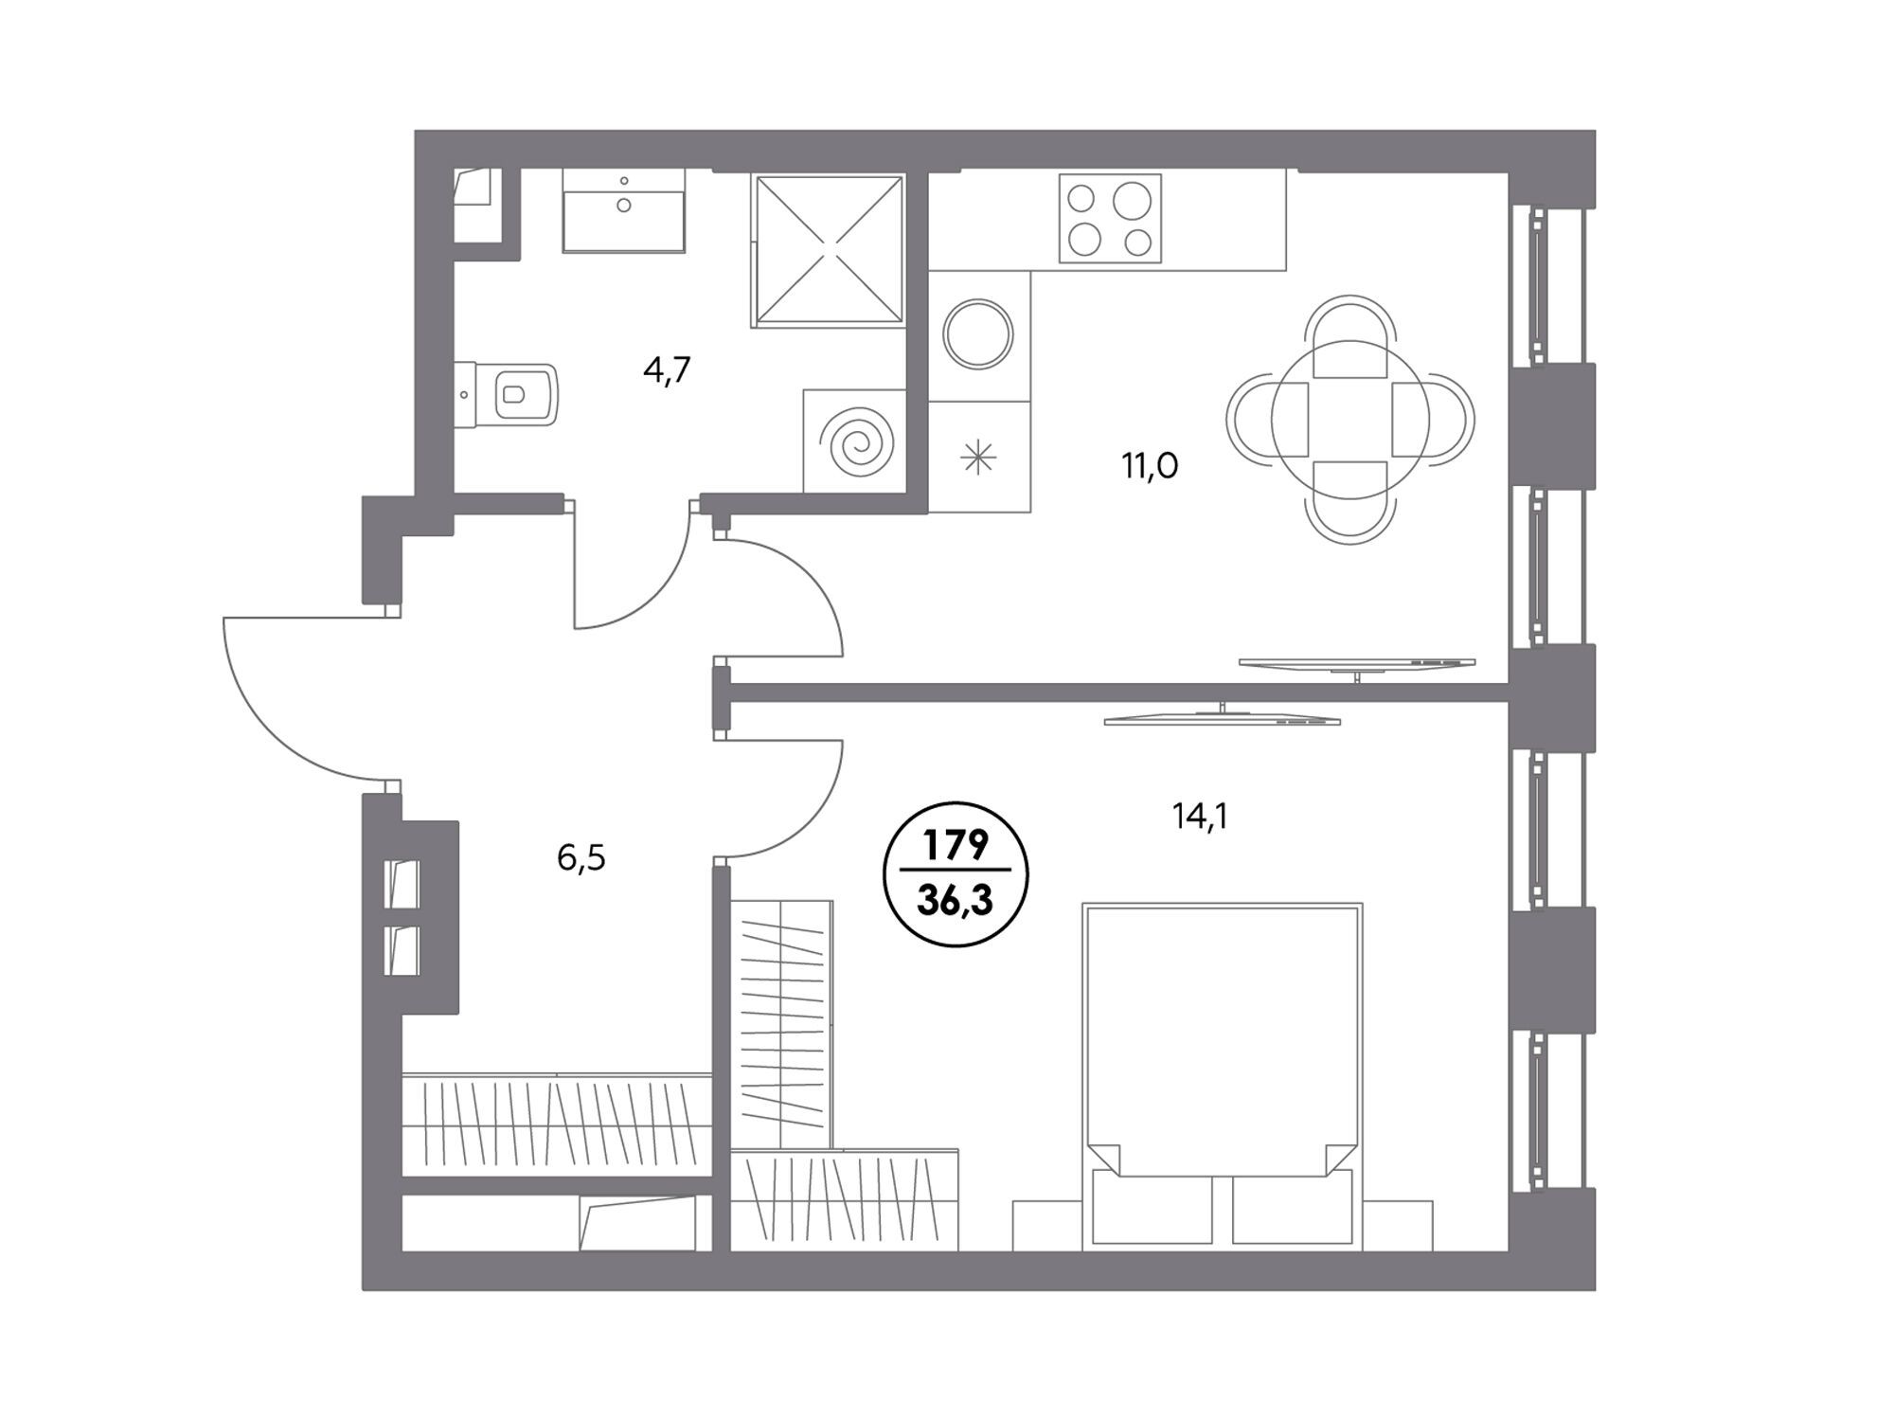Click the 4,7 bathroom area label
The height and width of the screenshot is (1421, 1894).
(668, 369)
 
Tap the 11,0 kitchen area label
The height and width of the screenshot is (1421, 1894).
(1150, 466)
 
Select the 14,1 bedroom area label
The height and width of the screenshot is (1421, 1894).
(1200, 816)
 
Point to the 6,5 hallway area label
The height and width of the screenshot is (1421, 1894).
(581, 858)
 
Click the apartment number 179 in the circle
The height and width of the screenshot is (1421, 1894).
(956, 845)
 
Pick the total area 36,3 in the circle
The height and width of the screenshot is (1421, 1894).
(956, 901)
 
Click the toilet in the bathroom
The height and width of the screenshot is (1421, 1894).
(507, 395)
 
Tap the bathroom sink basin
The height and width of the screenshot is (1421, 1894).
(623, 210)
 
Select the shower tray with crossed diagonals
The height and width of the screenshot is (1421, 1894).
(829, 250)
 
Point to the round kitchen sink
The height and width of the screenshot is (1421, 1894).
(978, 334)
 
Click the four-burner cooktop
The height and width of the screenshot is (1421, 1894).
(1110, 218)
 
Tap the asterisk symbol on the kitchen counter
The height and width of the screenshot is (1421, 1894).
(978, 459)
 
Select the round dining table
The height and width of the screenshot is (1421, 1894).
(1349, 419)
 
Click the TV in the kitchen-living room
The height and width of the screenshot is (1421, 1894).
(1357, 664)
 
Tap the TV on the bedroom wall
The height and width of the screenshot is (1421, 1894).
(1223, 717)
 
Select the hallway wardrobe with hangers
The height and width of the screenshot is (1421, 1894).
(557, 1124)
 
